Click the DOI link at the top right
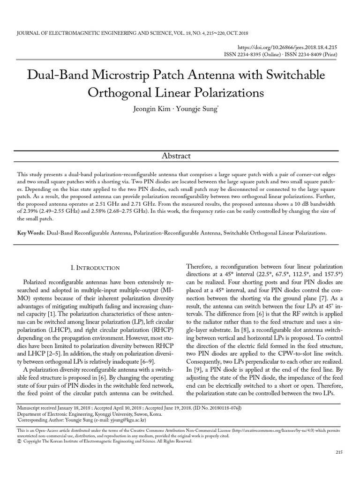288,47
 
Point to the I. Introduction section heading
95,268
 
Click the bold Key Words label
30,232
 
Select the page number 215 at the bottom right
339,451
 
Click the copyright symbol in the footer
18,441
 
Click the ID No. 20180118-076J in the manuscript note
217,408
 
